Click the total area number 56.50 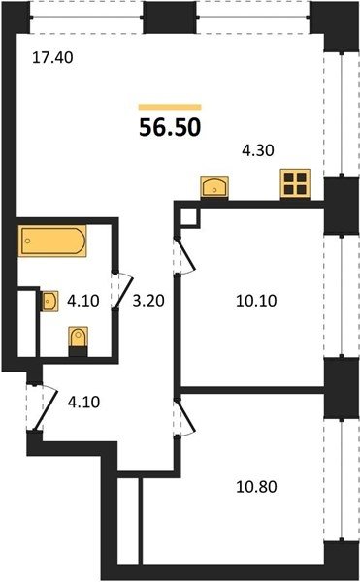(x=170, y=128)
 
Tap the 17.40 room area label (x=52, y=58)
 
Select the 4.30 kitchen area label (x=258, y=150)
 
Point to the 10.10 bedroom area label (x=256, y=301)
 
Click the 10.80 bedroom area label (x=256, y=487)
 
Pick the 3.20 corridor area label (x=148, y=301)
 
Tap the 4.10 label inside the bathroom (x=83, y=301)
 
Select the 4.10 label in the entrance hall (x=83, y=402)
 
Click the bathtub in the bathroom (x=52, y=241)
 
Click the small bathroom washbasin (x=49, y=301)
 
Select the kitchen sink (x=214, y=186)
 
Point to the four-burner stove (x=295, y=183)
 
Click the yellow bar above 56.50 (x=170, y=108)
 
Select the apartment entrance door (x=47, y=408)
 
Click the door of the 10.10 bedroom (x=185, y=256)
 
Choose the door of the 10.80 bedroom (x=185, y=417)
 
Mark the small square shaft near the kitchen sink (x=189, y=216)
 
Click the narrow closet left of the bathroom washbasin (x=27, y=324)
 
